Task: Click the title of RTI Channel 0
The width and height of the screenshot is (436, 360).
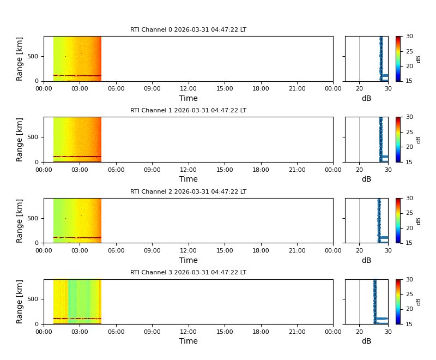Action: click(x=188, y=30)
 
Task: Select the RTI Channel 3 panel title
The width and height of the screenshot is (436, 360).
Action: click(x=188, y=273)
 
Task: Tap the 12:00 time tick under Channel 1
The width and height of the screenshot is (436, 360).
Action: click(x=189, y=169)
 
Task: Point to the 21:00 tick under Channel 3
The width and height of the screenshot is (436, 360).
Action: click(x=297, y=331)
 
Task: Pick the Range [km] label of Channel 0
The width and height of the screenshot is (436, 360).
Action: click(x=20, y=59)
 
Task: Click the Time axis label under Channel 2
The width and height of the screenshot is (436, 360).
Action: click(x=189, y=261)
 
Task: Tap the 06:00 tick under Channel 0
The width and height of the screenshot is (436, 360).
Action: click(x=116, y=88)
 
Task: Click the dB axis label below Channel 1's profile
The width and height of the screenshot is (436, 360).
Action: click(x=366, y=179)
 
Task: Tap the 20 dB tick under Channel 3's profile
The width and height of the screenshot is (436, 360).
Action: click(x=359, y=331)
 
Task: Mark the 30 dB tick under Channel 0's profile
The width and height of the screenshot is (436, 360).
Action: click(x=387, y=88)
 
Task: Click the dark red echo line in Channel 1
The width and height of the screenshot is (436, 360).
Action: click(x=76, y=157)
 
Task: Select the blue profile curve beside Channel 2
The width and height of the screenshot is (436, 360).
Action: click(x=379, y=218)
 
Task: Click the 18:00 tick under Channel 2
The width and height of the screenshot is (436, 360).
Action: click(x=261, y=250)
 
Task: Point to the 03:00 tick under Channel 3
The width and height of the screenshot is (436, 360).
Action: click(x=80, y=331)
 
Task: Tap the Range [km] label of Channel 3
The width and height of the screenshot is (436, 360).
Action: click(x=20, y=302)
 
